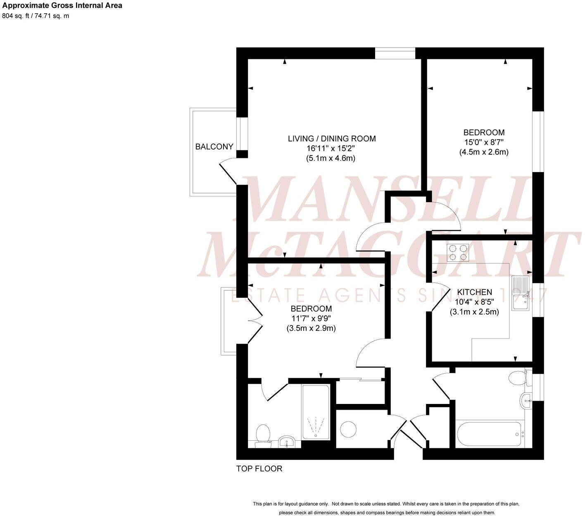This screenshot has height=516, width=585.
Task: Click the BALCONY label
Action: coord(214,147)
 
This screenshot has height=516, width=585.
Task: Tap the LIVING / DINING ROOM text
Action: coord(332,139)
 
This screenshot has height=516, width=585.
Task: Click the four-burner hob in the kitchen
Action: coord(458,253)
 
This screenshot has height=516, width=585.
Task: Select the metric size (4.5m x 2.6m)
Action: coord(484,152)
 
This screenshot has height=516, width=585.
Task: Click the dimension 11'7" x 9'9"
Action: coord(311,318)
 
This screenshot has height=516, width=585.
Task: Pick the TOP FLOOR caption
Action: coord(259,468)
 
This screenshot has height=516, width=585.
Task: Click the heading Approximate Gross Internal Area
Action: coord(62,6)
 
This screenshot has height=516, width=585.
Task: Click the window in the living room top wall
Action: coord(395,53)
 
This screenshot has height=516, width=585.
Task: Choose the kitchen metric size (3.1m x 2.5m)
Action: coord(474,312)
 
